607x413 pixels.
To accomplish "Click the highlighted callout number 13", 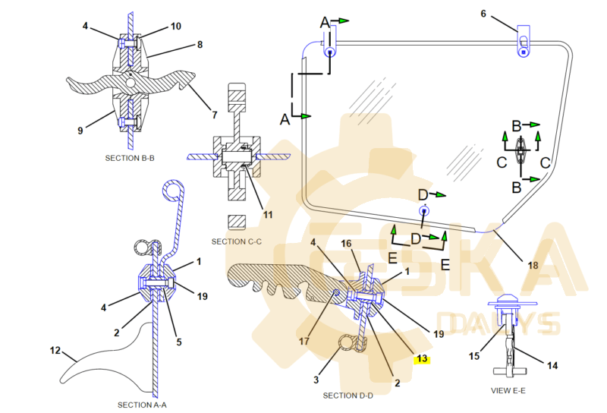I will pyautogui.click(x=423, y=359).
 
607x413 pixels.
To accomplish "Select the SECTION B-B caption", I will pyautogui.click(x=131, y=158).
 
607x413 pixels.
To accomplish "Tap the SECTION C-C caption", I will pyautogui.click(x=237, y=241).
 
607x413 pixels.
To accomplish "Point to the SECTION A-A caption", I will pyautogui.click(x=142, y=405).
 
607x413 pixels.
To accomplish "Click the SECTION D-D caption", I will pyautogui.click(x=348, y=396).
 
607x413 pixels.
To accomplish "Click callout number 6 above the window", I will pyautogui.click(x=483, y=13).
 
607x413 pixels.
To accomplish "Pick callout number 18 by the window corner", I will pyautogui.click(x=533, y=266).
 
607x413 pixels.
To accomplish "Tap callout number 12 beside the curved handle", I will pyautogui.click(x=55, y=351).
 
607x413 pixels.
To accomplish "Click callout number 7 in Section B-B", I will pyautogui.click(x=215, y=115).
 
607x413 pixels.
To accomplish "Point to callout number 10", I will pyautogui.click(x=176, y=27).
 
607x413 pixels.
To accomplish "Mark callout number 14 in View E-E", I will pyautogui.click(x=552, y=365).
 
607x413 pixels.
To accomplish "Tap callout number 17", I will pyautogui.click(x=303, y=342).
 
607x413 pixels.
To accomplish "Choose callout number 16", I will pyautogui.click(x=346, y=244).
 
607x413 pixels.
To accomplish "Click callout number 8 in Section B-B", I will pyautogui.click(x=200, y=45).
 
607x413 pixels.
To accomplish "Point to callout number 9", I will pyautogui.click(x=80, y=131).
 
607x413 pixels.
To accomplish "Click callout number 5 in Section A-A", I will pyautogui.click(x=179, y=342).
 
